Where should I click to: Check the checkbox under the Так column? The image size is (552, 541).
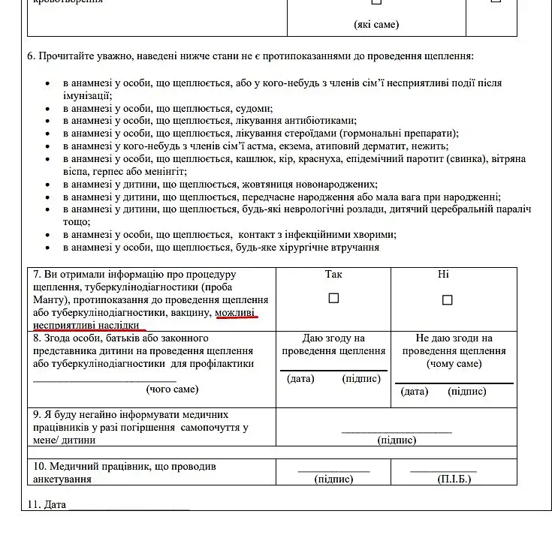[x=333, y=298]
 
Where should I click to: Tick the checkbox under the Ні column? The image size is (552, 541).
[x=447, y=300]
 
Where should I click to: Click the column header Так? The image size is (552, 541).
[x=333, y=275]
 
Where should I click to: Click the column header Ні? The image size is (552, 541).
[x=443, y=275]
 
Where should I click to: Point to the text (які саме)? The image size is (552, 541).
[x=376, y=25]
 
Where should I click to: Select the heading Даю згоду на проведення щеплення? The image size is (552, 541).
[x=333, y=344]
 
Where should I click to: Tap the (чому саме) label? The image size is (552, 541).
[x=454, y=364]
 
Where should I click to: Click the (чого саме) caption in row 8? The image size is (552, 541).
[x=172, y=389]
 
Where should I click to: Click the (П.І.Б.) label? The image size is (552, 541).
[x=454, y=479]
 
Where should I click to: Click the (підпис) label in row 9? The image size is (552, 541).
[x=397, y=440]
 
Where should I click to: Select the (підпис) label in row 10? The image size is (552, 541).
[x=333, y=479]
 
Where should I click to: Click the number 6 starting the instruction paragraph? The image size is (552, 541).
[x=30, y=56]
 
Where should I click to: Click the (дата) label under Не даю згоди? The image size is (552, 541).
[x=415, y=391]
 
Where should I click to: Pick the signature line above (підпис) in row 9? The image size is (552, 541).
[x=397, y=431]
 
